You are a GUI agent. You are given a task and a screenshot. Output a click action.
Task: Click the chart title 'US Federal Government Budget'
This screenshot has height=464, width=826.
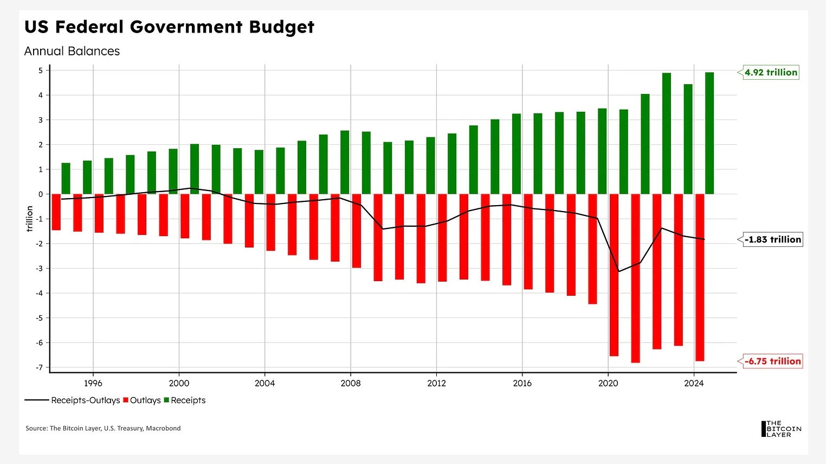[x=169, y=27]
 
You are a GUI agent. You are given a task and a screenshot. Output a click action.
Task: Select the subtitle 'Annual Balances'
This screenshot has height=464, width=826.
[x=72, y=51]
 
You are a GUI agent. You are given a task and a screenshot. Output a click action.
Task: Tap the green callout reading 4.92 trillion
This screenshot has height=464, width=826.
[x=771, y=72]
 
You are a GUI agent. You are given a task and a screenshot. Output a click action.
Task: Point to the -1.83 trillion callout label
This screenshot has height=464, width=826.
[x=772, y=239]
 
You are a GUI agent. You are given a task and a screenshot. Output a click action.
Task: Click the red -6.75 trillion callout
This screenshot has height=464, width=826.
[x=772, y=361]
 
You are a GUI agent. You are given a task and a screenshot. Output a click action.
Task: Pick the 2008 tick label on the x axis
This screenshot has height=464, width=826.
[x=351, y=383]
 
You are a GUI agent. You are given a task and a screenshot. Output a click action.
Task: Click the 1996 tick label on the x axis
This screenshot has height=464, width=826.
[x=93, y=383]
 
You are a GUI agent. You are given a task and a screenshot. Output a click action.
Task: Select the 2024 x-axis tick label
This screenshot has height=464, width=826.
[x=694, y=383]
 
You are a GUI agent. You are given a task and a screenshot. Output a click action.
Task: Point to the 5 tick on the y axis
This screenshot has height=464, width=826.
[x=41, y=70]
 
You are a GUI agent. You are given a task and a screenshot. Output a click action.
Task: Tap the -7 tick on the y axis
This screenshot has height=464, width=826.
[x=39, y=367]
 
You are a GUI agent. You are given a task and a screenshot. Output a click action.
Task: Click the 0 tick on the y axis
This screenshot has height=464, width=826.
[x=41, y=194]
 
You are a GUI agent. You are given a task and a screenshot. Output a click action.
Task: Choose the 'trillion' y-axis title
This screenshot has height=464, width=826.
[x=30, y=219]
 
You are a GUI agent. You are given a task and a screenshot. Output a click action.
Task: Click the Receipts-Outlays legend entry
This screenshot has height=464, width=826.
[x=73, y=401]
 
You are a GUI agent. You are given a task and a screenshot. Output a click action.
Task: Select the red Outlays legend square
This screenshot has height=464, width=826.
[x=126, y=400]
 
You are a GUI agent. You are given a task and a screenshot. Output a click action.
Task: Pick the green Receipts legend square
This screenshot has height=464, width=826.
[x=166, y=400]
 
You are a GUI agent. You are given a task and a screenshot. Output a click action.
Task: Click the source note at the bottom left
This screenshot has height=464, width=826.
[x=103, y=428]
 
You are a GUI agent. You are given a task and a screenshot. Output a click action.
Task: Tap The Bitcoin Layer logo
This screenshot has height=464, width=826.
[x=781, y=429]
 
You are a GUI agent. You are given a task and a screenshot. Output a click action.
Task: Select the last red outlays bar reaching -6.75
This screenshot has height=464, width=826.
[x=700, y=277]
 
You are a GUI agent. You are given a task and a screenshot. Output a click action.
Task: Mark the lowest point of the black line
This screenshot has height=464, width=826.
[x=619, y=271]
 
